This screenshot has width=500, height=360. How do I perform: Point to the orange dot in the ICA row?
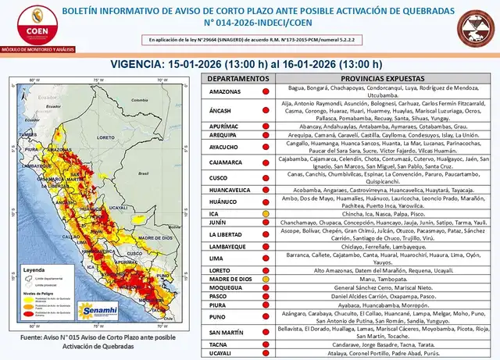(x=266, y=213)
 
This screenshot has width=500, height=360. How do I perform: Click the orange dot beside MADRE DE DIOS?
(x=266, y=279)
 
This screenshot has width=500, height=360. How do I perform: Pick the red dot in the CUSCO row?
(x=266, y=179)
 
